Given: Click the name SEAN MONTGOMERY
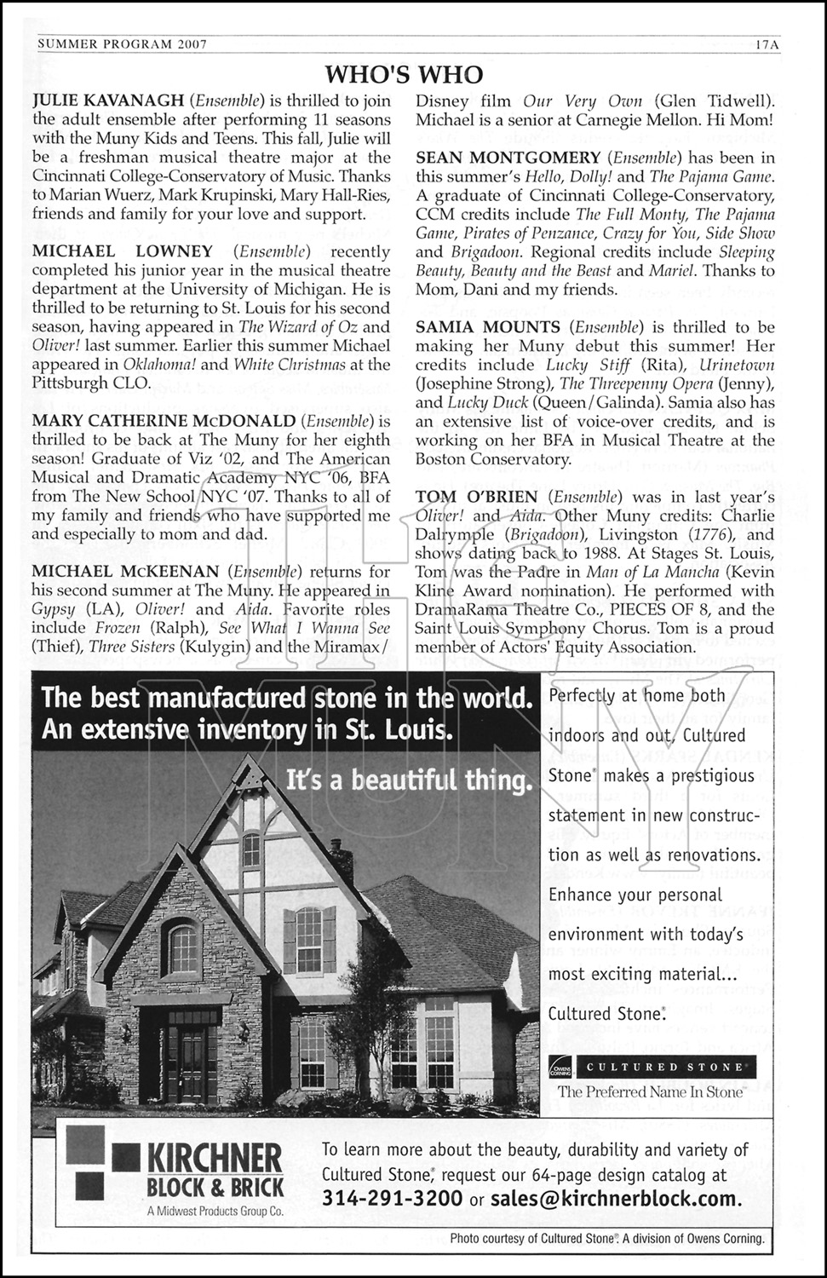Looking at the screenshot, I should pyautogui.click(x=508, y=158).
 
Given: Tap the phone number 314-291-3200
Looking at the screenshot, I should pyautogui.click(x=393, y=1199).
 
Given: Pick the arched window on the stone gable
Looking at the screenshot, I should pyautogui.click(x=184, y=947).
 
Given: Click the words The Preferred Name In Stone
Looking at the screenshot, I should pyautogui.click(x=650, y=1091).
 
